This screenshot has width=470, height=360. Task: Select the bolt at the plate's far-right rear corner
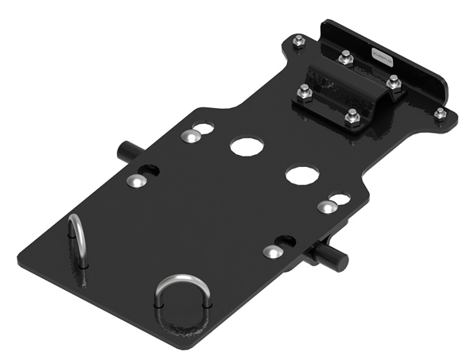point(439,114)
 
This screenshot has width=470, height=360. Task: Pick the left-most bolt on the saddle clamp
point(305,93)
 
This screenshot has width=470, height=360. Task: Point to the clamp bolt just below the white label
point(393,80)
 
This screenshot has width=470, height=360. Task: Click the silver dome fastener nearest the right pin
point(272,252)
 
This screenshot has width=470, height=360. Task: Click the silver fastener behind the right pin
point(325,208)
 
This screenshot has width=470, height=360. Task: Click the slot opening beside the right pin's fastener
point(285,241)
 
